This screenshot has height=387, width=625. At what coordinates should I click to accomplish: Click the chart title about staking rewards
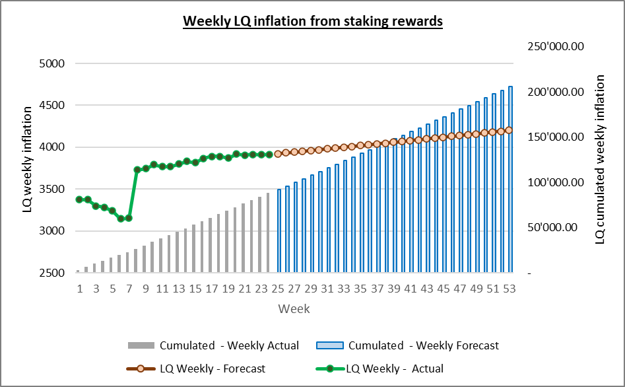click(312, 21)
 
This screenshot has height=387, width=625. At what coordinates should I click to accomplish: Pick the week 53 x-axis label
click(510, 289)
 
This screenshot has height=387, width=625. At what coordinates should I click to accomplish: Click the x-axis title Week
click(294, 308)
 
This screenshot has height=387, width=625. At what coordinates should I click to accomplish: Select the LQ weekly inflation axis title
click(28, 168)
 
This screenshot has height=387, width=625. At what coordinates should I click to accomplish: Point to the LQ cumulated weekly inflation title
click(600, 159)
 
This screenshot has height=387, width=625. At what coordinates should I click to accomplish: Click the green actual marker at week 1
click(79, 199)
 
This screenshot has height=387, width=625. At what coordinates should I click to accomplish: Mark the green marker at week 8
click(137, 170)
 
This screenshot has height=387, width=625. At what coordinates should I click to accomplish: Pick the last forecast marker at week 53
click(509, 130)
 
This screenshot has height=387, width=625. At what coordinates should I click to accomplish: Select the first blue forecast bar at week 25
click(279, 231)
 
